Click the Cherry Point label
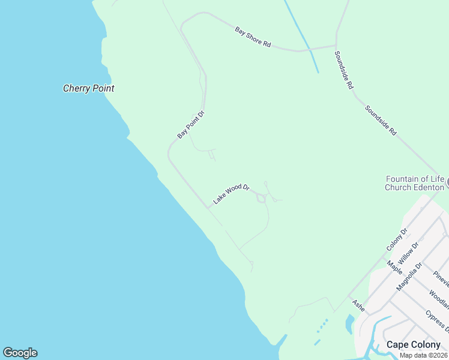[88, 88]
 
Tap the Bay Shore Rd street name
[253, 37]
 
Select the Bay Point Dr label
[191, 125]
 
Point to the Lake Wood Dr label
[231, 194]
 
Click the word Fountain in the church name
[402, 179]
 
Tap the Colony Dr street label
[397, 239]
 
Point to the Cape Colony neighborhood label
[413, 344]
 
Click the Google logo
[20, 353]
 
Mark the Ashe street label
[358, 305]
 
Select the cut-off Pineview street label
[441, 280]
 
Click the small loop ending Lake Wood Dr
[261, 199]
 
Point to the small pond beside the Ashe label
[349, 325]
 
